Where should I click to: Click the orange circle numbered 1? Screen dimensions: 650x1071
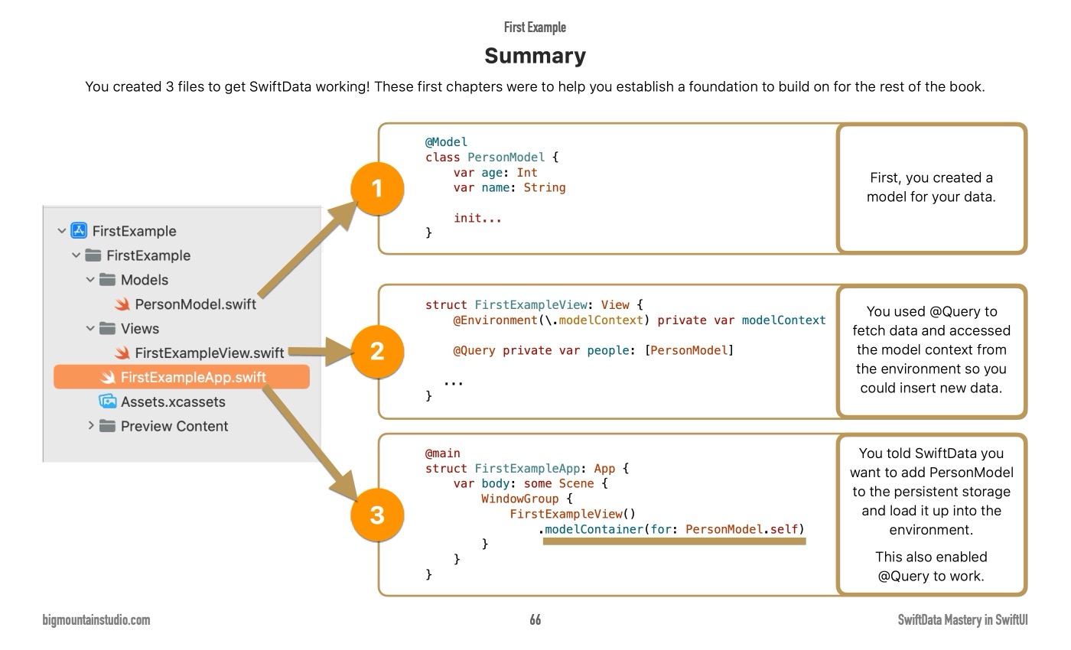(376, 189)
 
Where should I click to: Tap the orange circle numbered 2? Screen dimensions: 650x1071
(376, 351)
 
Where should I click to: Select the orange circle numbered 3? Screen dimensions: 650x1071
(376, 515)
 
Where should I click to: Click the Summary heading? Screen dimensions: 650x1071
(535, 56)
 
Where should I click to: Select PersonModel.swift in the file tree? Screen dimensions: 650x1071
(195, 304)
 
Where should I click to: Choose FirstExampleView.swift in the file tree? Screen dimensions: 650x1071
(209, 353)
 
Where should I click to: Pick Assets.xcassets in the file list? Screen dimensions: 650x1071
(173, 401)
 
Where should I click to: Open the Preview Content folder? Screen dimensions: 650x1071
(174, 426)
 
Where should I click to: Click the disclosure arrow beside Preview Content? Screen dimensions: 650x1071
(92, 426)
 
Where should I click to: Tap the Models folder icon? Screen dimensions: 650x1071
(108, 280)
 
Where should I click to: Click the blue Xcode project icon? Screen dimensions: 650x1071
(79, 231)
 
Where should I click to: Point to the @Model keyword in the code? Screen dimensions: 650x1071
(446, 141)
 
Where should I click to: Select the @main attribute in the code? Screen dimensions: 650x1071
(443, 453)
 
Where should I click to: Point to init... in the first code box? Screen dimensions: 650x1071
(477, 218)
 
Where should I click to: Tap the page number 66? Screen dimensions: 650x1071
(535, 620)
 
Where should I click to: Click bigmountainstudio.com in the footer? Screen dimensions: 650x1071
(96, 620)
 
